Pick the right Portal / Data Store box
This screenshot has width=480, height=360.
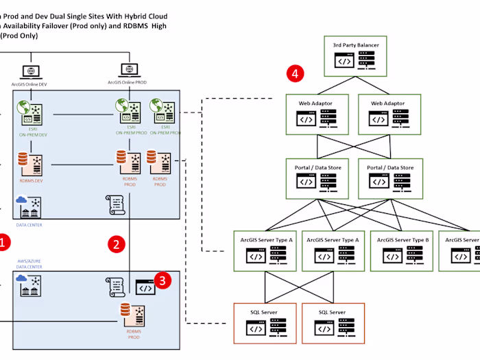coord(390,178)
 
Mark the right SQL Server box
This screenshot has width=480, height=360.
coord(333,323)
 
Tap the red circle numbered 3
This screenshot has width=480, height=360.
coord(162,280)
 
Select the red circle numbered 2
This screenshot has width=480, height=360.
coord(118,243)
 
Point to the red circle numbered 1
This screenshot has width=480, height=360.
coord(3,241)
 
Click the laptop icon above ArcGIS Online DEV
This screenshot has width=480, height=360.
coord(30,71)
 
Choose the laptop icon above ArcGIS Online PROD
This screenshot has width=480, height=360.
coord(127,70)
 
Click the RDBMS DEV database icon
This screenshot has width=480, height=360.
coord(24,162)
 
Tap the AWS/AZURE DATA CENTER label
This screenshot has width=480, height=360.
coord(29,265)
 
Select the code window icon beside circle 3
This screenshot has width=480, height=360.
coord(145,287)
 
